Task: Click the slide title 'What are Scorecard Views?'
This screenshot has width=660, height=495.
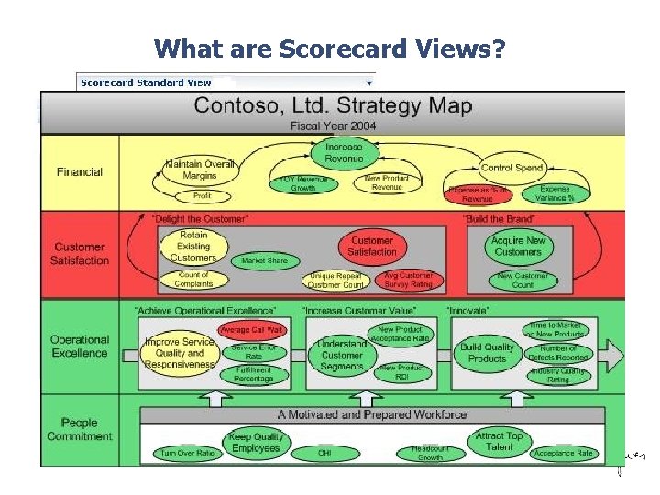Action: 329,48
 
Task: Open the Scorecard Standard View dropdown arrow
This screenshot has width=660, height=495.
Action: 369,82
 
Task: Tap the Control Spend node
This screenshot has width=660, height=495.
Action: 512,168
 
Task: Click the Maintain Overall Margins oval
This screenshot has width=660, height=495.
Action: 200,170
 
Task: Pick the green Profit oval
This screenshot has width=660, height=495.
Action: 202,196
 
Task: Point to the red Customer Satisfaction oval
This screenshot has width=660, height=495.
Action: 372,246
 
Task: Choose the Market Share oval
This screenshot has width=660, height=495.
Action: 265,261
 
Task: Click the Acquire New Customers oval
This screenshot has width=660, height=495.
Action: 518,246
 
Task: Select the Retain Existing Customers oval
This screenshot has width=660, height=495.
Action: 192,246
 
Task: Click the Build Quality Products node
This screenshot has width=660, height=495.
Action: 487,353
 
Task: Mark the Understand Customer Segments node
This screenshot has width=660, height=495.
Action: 342,355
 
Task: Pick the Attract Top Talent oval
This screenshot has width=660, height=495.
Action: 500,441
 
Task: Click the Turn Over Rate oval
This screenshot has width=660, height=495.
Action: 187,454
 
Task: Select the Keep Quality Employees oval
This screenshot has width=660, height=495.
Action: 256,442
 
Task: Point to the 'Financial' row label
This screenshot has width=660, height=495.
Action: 80,171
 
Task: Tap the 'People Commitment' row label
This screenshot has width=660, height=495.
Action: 80,429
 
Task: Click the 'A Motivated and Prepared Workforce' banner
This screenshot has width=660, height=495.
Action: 372,414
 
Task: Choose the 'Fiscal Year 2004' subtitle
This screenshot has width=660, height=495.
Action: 333,126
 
